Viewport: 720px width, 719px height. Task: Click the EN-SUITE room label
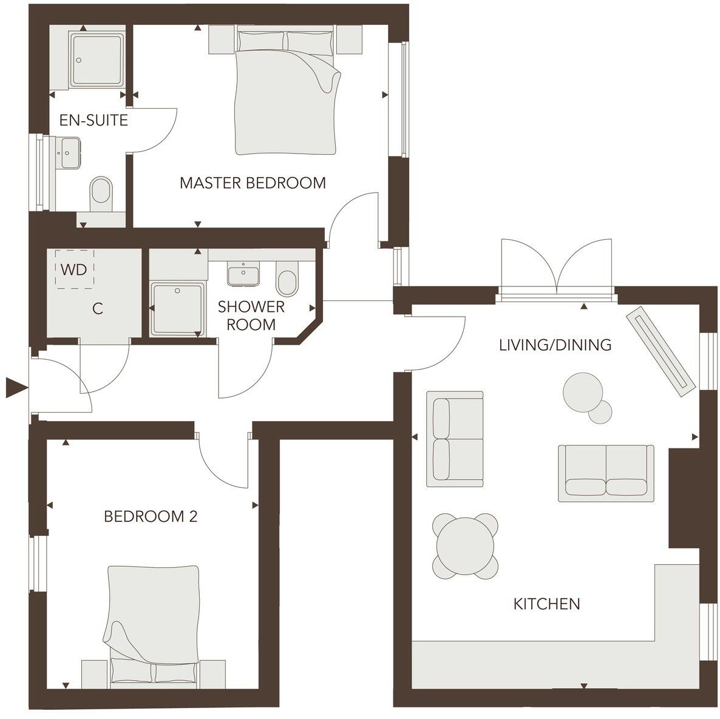click(x=93, y=120)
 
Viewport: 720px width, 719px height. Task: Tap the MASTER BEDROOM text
click(x=253, y=183)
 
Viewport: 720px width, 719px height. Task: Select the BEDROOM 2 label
click(x=151, y=516)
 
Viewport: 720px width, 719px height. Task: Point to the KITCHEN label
click(x=546, y=604)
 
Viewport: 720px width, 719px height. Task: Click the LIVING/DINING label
click(x=555, y=345)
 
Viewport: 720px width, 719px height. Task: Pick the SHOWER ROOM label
click(x=251, y=315)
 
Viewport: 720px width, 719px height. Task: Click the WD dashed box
click(x=75, y=269)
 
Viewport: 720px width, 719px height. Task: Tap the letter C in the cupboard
click(x=97, y=309)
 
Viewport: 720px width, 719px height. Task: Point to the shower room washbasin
click(x=244, y=274)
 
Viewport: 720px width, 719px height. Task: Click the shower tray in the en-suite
click(x=97, y=59)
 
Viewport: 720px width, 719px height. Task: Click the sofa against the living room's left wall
click(x=455, y=439)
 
